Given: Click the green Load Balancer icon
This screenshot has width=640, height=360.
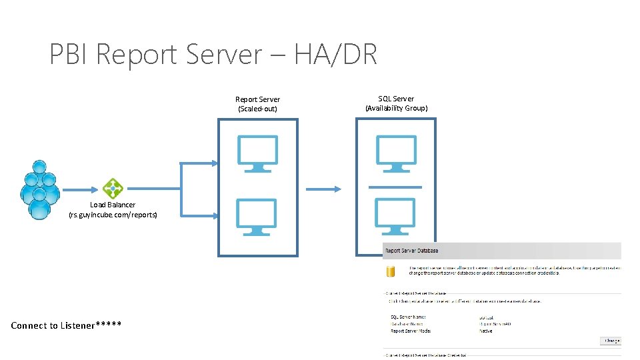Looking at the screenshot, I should coord(113,189).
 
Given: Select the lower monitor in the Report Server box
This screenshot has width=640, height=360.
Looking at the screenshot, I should coord(258,217).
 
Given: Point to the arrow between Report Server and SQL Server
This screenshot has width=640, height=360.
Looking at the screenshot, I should coord(323,189).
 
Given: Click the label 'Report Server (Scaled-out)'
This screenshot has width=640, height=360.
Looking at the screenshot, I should coord(258,104).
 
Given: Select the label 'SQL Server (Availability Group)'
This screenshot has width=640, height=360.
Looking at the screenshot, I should coord(396,103).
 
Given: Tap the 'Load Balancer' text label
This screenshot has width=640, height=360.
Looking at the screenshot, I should coord(113,205).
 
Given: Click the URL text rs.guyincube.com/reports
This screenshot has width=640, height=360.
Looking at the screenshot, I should coord(113,215).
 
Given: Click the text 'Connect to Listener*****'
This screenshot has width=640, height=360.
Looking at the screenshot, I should coord(66,325).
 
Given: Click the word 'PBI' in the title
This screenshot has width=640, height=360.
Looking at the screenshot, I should coord(70,54).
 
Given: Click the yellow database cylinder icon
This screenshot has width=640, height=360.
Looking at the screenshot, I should coord(392,271).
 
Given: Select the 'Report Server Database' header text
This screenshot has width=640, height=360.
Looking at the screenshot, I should coord(411,251).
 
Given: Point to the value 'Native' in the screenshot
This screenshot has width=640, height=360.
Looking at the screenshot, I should coord(486,331).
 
